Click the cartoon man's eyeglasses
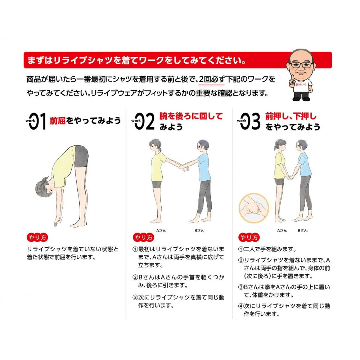point(301,65)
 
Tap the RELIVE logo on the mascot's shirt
point(301,85)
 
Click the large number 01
point(38,121)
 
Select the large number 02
point(144,121)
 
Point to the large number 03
point(250,121)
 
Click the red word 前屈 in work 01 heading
point(58,121)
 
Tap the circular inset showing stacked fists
point(254,208)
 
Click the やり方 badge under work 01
point(37,237)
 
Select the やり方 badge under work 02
point(144,237)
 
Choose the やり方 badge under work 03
point(249,237)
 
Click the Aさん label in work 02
point(161,230)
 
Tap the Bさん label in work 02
point(199,230)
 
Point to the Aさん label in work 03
point(282,230)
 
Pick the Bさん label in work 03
point(303,230)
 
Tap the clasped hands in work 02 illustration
point(184,167)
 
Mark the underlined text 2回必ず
point(211,80)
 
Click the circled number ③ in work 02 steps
point(135,298)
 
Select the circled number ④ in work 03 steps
point(241,306)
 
